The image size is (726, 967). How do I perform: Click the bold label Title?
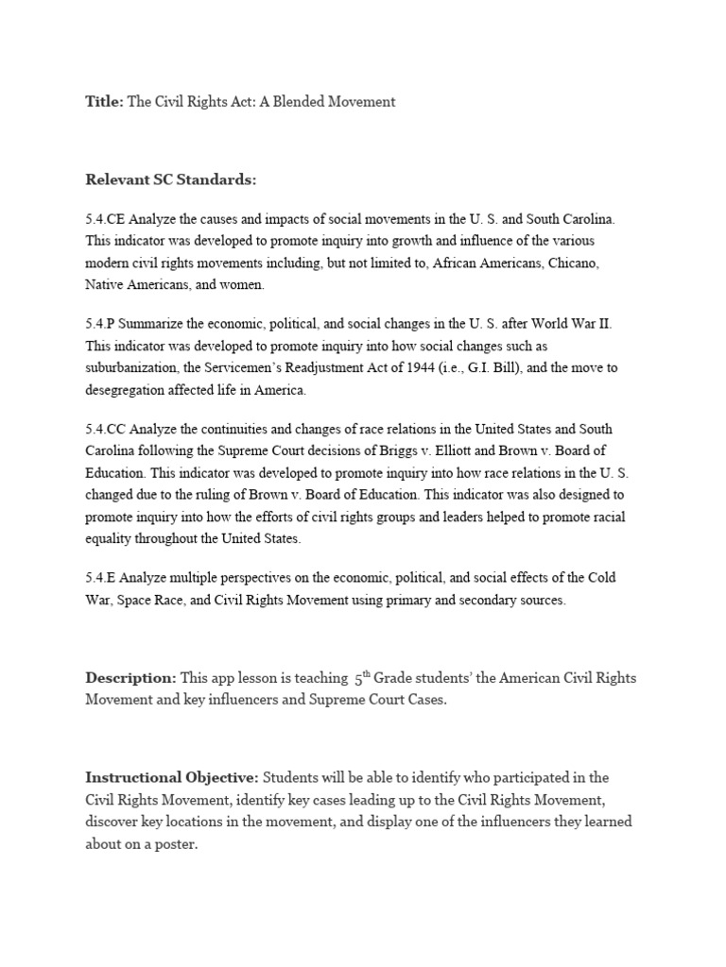point(105,102)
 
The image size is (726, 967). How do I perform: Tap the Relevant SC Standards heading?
point(171,179)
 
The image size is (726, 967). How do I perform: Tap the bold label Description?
point(130,678)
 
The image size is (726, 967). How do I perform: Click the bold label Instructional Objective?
point(172,778)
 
